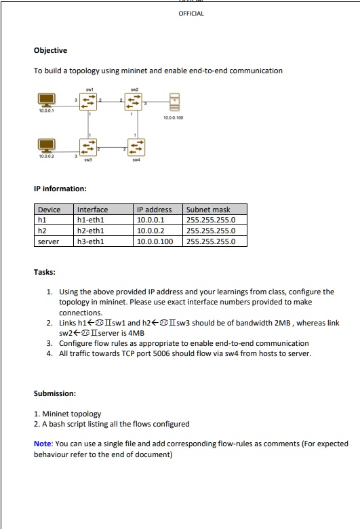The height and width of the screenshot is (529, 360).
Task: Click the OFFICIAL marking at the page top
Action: (x=191, y=13)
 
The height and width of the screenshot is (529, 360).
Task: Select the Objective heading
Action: (x=50, y=50)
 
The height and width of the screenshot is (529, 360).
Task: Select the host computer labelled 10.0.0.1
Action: (x=46, y=101)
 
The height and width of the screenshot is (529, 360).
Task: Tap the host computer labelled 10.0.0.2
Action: (x=46, y=144)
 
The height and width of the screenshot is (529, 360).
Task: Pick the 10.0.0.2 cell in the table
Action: (x=150, y=230)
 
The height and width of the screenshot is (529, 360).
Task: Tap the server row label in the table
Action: (x=48, y=241)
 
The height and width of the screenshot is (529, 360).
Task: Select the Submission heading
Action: (x=55, y=393)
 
